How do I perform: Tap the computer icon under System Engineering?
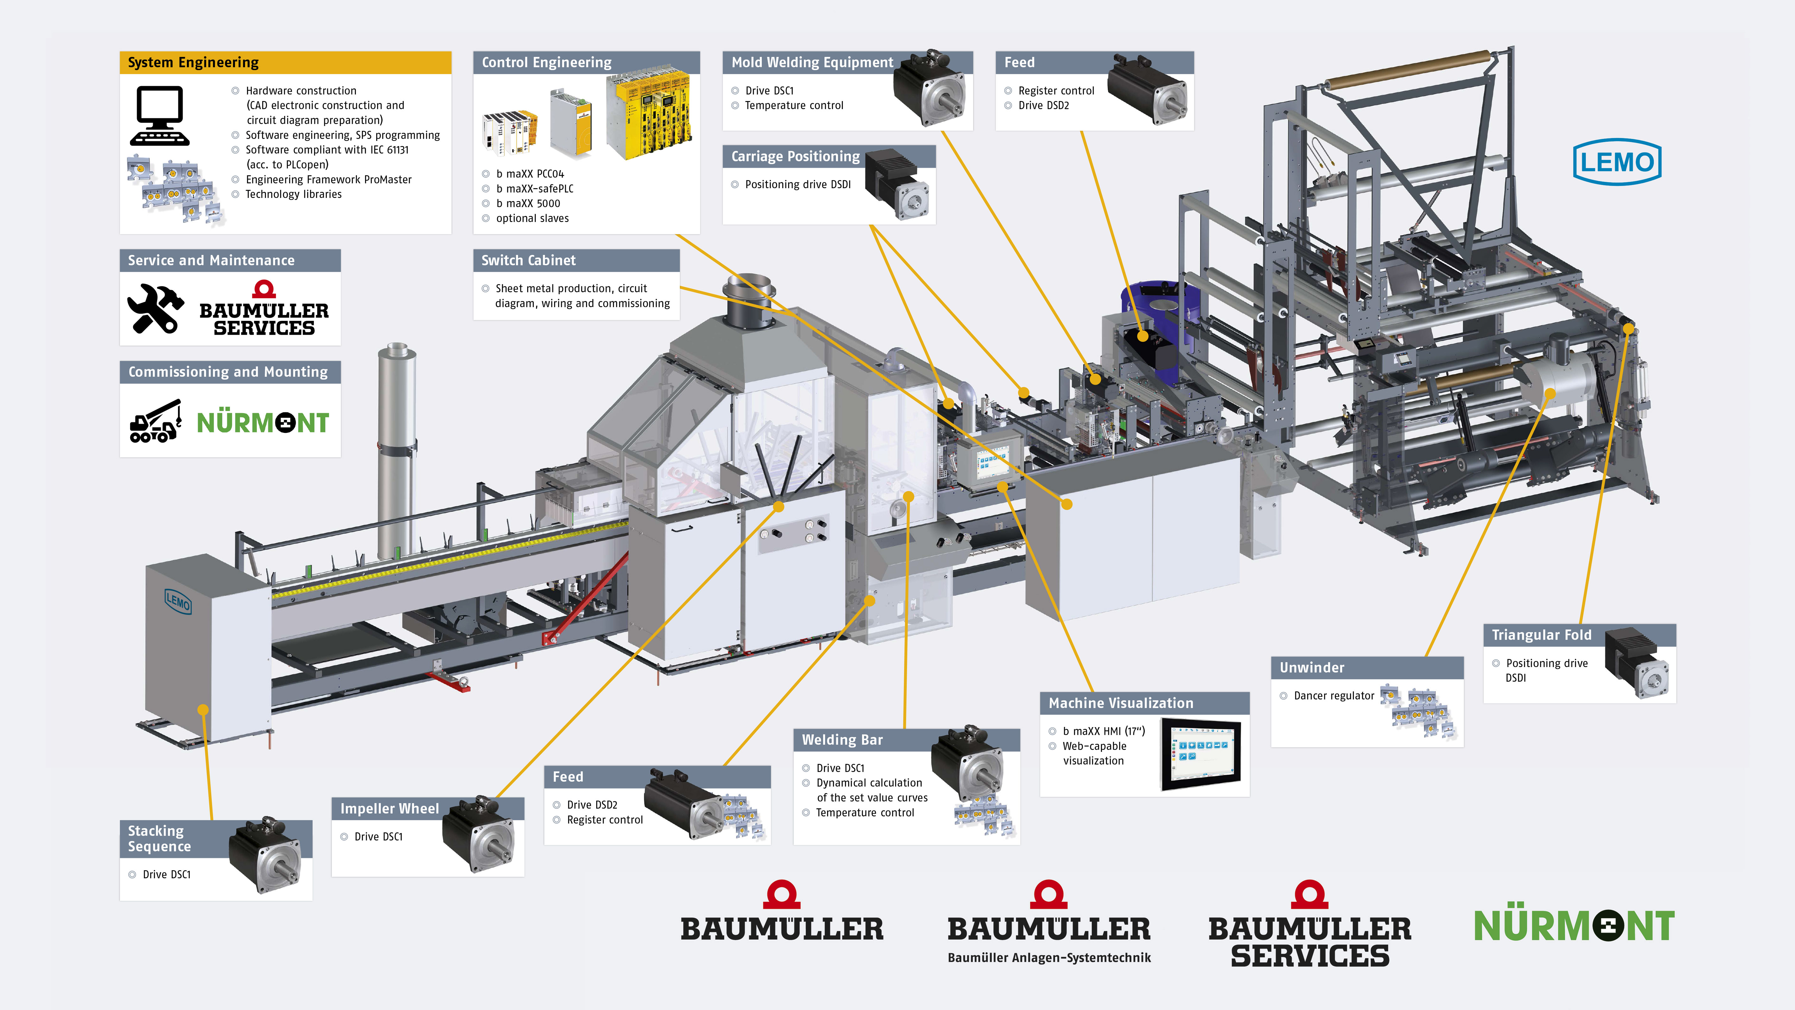coord(160,115)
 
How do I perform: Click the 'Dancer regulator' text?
coord(1334,696)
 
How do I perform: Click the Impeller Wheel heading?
coord(389,809)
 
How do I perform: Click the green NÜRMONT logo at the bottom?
coord(1573,926)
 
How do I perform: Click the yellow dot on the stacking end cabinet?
coord(203,709)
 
